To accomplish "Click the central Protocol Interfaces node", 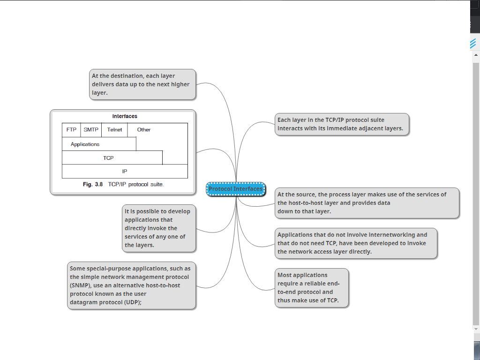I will (x=236, y=189).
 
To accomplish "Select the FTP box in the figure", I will (x=71, y=130).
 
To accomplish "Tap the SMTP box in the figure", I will (x=91, y=130).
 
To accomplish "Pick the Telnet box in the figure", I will (x=114, y=130).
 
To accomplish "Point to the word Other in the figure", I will (x=144, y=130).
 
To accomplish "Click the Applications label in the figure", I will (x=85, y=144).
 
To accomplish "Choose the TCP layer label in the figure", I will (x=108, y=158).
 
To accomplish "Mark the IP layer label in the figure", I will (x=125, y=172).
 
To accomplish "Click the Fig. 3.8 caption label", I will (x=92, y=184).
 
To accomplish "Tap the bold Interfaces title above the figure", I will (x=125, y=116).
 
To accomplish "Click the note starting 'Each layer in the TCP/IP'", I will (x=342, y=124).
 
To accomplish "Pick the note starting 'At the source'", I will (x=367, y=203).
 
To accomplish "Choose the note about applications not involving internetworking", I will (x=356, y=243).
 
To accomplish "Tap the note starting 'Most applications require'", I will (x=311, y=288).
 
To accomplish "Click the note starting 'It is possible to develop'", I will (x=158, y=228).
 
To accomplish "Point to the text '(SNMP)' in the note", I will (x=81, y=285).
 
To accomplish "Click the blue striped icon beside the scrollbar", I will (x=473, y=44).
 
